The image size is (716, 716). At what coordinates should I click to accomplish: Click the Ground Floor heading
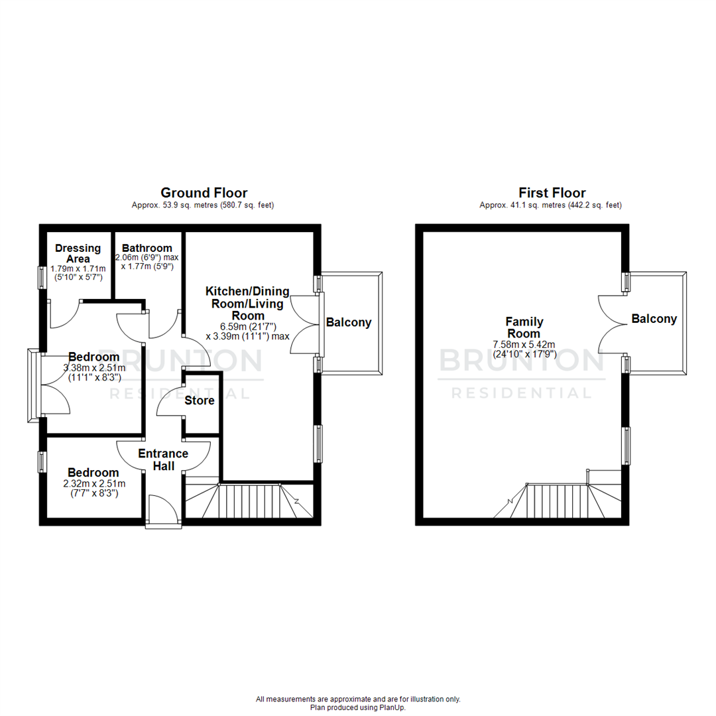204,193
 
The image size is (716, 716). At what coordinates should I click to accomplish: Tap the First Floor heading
552,193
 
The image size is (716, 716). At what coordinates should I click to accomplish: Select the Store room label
200,400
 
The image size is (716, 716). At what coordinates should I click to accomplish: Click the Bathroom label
147,248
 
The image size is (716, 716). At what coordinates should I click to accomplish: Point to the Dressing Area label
78,253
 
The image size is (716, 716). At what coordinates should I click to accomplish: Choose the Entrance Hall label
163,460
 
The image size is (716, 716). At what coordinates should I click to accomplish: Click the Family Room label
526,328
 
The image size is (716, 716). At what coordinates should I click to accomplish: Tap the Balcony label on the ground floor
349,323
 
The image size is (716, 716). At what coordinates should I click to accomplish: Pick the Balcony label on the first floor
654,319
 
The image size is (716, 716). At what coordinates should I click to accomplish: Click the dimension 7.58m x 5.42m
524,344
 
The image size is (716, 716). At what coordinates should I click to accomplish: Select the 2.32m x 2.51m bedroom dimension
93,483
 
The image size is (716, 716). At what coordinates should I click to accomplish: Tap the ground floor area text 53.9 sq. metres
203,206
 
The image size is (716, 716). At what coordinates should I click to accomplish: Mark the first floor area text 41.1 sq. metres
551,206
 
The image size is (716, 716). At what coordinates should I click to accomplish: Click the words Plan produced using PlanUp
358,707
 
